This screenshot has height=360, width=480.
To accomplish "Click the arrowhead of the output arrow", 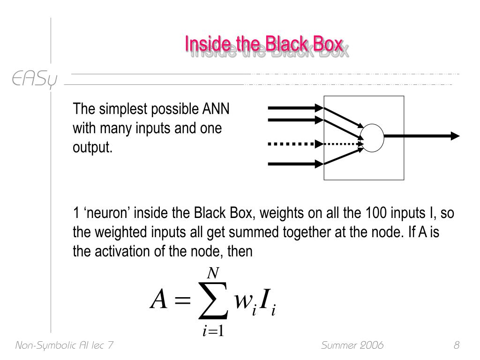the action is tap(455, 136).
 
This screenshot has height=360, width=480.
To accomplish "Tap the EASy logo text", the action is tap(34, 79).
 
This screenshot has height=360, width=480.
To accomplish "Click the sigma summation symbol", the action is tap(213, 300).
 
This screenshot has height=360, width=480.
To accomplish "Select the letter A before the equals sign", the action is tap(159, 299).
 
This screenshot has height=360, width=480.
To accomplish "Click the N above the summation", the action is tap(213, 273).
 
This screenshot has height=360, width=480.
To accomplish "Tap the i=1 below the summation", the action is tap(213, 331).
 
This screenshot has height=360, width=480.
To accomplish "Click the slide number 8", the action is tap(457, 345).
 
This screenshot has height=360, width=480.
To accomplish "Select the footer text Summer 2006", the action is tap(352, 345).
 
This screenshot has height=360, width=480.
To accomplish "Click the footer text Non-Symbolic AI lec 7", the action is tap(64, 345).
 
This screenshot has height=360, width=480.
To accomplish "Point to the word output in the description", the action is tap(92, 147).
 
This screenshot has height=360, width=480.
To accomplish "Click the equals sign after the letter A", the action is tap(182, 300).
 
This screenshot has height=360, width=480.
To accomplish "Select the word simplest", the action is tap(123, 109).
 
